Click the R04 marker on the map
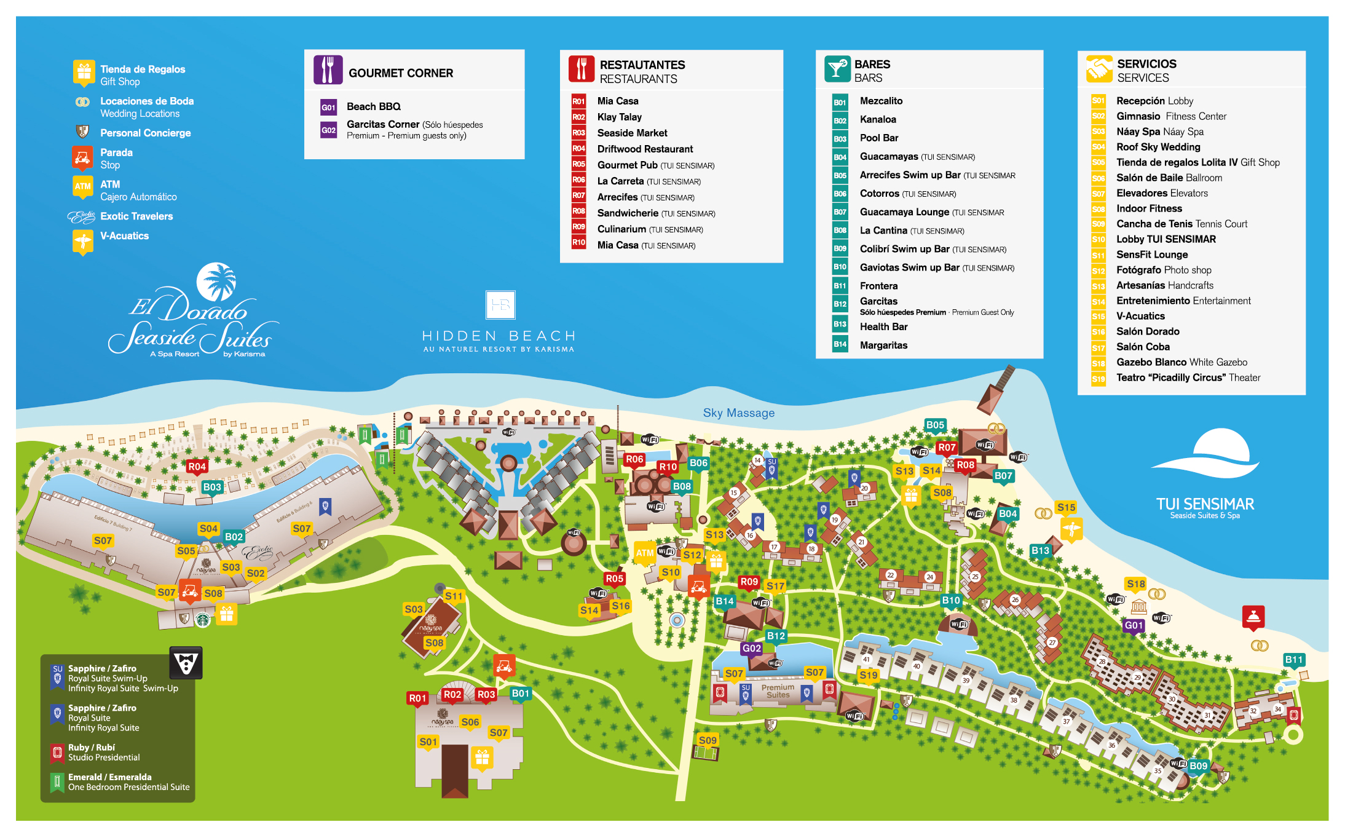(197, 467)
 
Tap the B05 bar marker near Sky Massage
(935, 425)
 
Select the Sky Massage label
(738, 413)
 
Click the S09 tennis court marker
(708, 740)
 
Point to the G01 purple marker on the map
(1134, 625)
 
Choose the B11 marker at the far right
(1293, 660)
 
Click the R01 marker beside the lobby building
(417, 698)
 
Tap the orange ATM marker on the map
(644, 553)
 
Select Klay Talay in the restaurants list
(619, 117)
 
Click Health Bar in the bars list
(883, 326)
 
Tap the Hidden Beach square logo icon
(500, 305)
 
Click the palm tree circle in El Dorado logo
(216, 282)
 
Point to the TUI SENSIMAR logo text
(1205, 504)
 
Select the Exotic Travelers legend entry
(136, 216)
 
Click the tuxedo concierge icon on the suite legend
(186, 663)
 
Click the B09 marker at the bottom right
(1198, 765)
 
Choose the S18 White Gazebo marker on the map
(1135, 584)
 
